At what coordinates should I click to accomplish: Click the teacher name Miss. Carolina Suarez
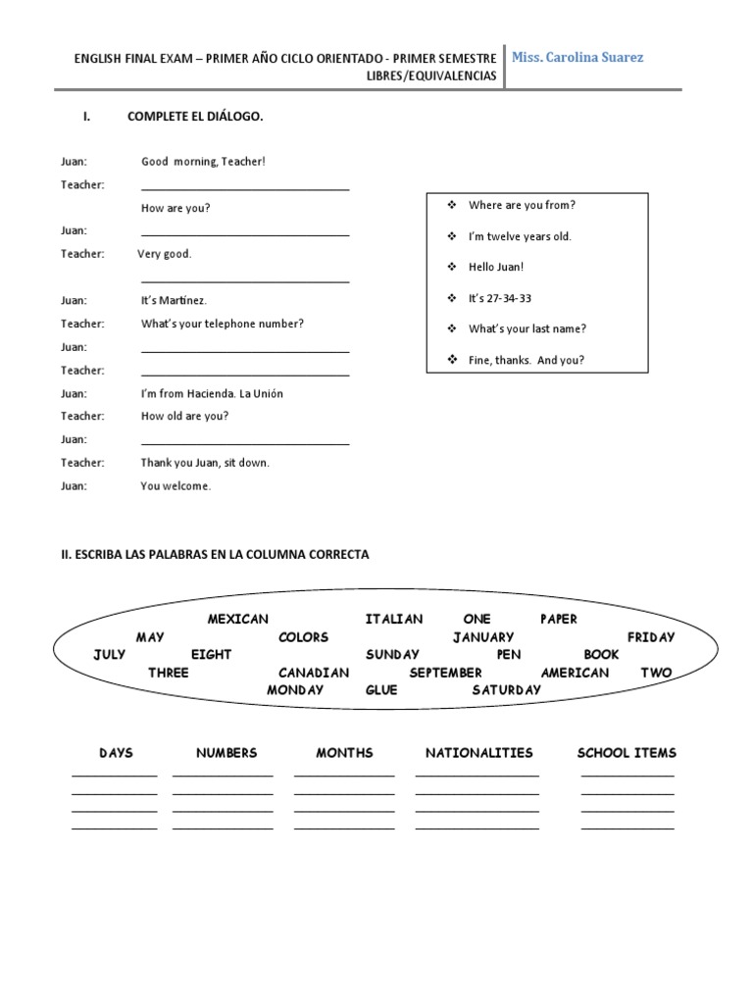pos(577,58)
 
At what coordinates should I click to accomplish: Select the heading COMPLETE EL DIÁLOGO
pos(195,117)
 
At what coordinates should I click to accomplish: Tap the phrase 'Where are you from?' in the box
pos(522,205)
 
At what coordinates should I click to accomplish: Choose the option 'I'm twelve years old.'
pos(520,236)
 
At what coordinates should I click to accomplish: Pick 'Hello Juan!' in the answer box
pos(496,267)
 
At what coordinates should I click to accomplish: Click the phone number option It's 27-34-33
pos(500,298)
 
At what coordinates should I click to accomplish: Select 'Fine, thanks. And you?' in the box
pos(526,360)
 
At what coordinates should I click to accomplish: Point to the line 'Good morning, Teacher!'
pos(203,161)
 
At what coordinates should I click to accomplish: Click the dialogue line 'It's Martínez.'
pos(174,300)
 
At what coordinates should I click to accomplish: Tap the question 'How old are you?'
pos(184,416)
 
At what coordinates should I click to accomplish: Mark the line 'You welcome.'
pos(176,485)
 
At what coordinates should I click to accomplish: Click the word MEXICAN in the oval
pos(237,619)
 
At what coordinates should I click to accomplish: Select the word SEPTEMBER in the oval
pos(445,673)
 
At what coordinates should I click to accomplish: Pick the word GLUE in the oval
pos(381,690)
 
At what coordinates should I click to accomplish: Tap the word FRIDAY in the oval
pos(651,637)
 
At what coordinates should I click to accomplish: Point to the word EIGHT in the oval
pos(211,654)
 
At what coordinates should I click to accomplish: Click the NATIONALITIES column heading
pos(478,753)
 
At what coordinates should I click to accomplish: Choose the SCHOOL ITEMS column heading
pos(627,753)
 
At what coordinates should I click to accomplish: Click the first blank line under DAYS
pos(114,775)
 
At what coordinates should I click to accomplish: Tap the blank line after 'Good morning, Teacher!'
pos(245,188)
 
